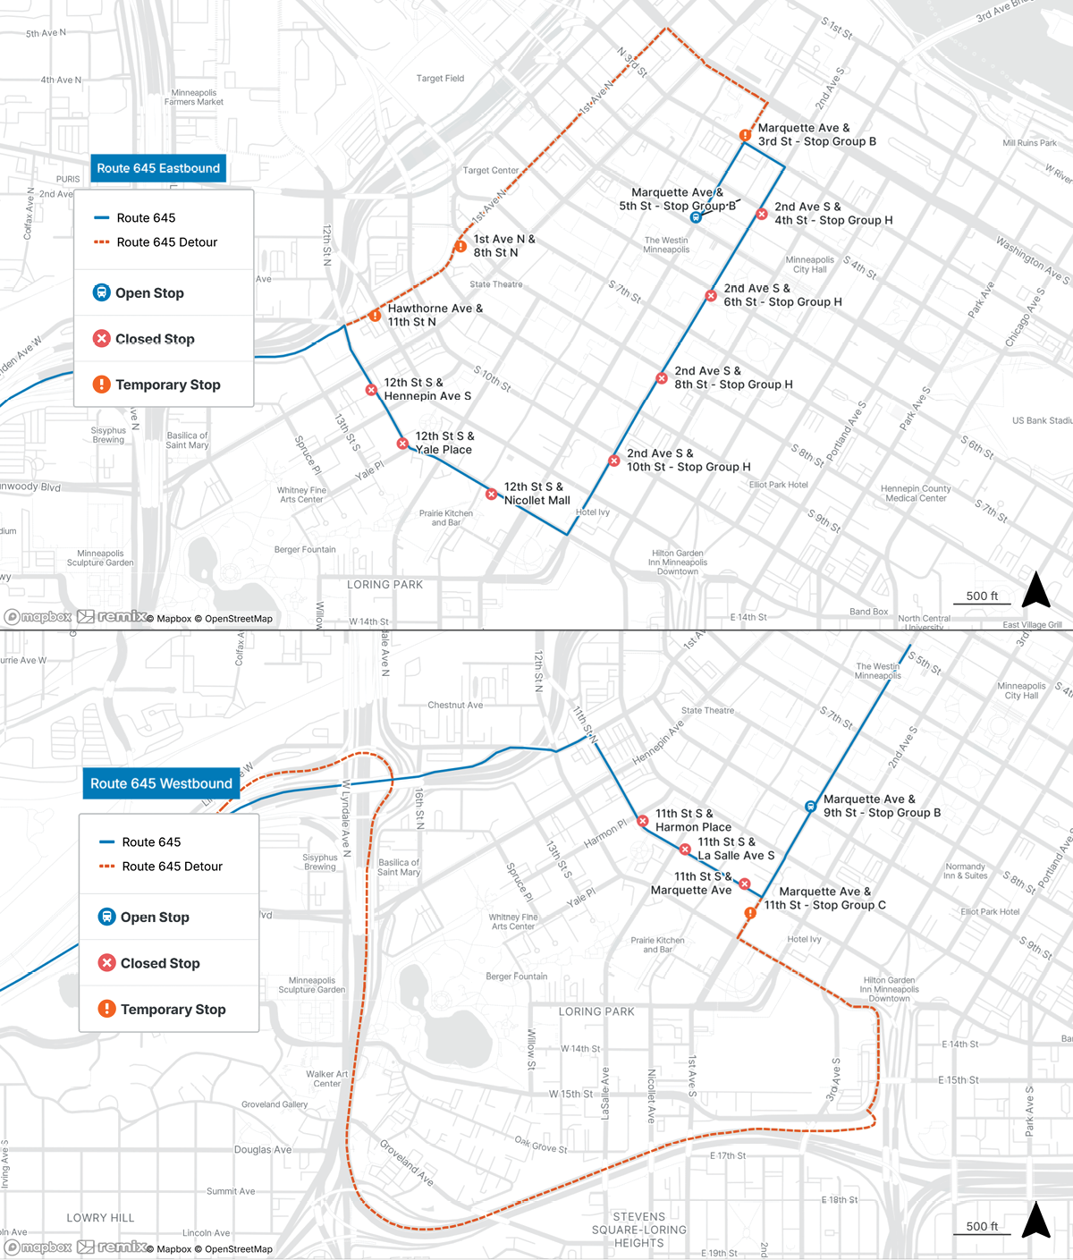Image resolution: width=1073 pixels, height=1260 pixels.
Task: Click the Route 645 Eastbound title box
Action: pyautogui.click(x=158, y=168)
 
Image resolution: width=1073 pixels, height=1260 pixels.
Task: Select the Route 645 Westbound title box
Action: pyautogui.click(x=161, y=783)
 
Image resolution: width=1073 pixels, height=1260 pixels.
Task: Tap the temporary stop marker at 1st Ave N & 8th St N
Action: pyautogui.click(x=460, y=247)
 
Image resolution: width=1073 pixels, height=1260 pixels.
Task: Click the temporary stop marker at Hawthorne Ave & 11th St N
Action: pyautogui.click(x=375, y=316)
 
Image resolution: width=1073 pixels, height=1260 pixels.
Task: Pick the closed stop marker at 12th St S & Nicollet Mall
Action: pyautogui.click(x=491, y=494)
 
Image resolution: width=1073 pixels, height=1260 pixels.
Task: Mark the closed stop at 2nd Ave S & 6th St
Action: pyautogui.click(x=711, y=296)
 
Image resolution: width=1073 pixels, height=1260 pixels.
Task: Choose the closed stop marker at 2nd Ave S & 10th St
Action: pyautogui.click(x=613, y=461)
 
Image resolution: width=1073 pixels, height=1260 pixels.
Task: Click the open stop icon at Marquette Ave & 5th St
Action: pyautogui.click(x=696, y=217)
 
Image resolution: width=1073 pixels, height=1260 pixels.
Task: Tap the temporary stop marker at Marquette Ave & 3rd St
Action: pyautogui.click(x=745, y=136)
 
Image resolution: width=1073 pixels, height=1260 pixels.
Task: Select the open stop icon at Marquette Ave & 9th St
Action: pyautogui.click(x=810, y=807)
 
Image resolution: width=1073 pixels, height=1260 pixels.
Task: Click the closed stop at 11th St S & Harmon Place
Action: pyautogui.click(x=643, y=821)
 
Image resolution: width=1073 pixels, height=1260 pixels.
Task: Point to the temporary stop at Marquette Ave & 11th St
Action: pyautogui.click(x=751, y=913)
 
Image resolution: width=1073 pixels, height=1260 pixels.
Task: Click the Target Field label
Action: pyautogui.click(x=440, y=79)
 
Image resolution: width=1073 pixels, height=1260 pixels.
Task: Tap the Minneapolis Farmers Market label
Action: pyautogui.click(x=194, y=97)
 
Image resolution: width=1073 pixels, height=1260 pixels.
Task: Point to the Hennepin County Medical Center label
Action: pyautogui.click(x=916, y=494)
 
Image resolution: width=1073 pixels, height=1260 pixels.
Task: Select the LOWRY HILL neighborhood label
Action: pyautogui.click(x=100, y=1218)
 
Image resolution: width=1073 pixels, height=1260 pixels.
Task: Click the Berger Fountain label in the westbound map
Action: pyautogui.click(x=516, y=977)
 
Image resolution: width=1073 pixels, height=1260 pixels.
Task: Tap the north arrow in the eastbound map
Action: pyautogui.click(x=1035, y=590)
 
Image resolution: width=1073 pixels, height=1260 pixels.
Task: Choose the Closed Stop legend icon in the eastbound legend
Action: pyautogui.click(x=102, y=338)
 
